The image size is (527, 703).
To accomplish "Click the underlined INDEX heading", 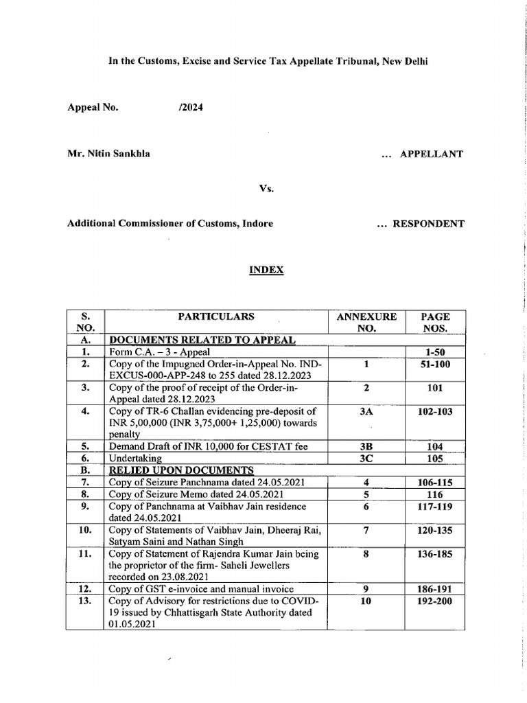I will coord(266,270).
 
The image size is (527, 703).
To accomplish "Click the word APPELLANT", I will coord(431,154).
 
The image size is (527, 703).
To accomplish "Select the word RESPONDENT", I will coord(428,224).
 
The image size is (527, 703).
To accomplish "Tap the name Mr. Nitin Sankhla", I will coord(108,154).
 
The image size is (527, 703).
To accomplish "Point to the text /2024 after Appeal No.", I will coord(190,107).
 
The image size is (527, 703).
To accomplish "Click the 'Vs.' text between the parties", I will coord(266,189).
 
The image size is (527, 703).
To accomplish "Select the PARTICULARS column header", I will coord(216,317).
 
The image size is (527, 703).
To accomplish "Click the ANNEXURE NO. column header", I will coord(366,323).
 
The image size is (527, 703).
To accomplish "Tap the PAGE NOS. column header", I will coord(435,323).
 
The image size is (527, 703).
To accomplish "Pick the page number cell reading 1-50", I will coord(435,352).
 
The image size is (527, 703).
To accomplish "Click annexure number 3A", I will coord(366,411).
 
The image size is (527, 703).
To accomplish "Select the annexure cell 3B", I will coord(366,447).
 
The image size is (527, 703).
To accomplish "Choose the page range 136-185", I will coord(435,554).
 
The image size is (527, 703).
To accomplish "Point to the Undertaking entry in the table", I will coord(135,459).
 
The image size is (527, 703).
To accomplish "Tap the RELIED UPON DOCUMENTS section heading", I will coord(182,470).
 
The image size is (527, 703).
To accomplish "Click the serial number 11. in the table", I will coord(86,554).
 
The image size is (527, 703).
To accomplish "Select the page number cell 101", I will coord(435,388).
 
